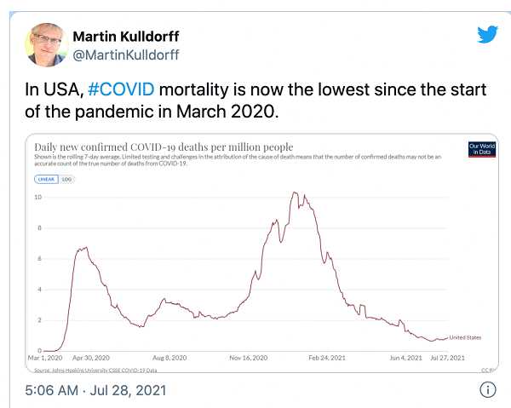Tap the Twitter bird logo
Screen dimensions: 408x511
click(x=487, y=35)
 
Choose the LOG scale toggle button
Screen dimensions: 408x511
click(x=66, y=179)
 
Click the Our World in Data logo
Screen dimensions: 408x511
click(x=481, y=148)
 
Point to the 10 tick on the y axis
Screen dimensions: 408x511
click(x=37, y=198)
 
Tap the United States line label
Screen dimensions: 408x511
click(x=465, y=337)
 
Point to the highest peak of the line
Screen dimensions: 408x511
click(x=295, y=193)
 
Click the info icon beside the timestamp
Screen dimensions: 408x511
click(x=488, y=390)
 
